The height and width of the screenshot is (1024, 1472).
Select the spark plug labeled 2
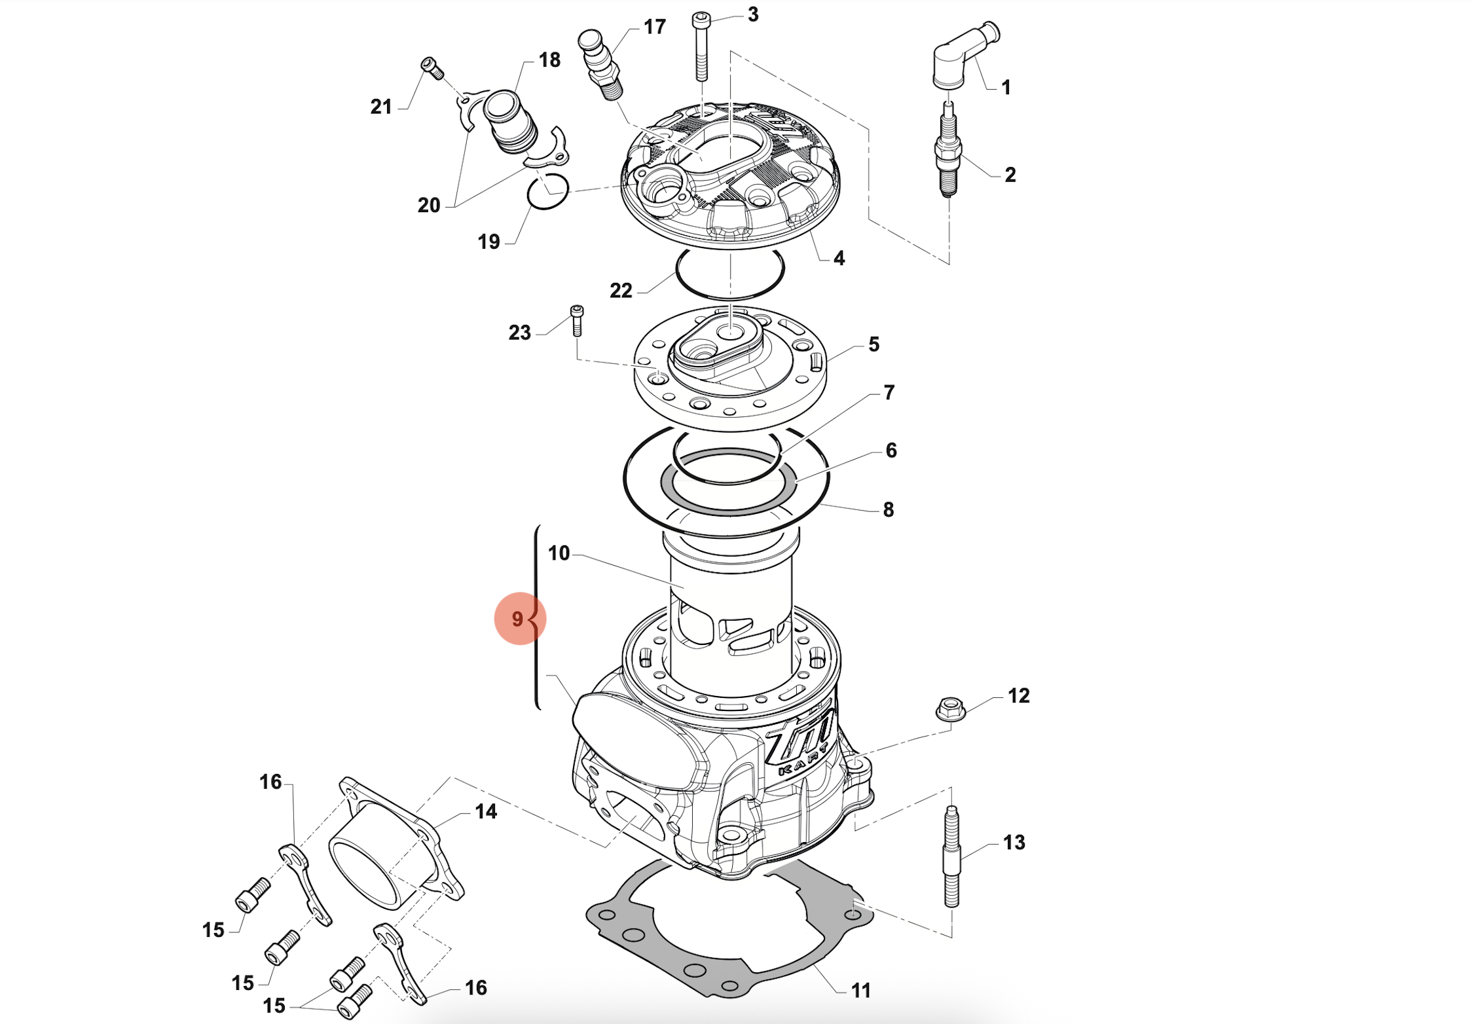point(948,151)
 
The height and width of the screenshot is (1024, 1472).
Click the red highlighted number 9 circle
point(519,619)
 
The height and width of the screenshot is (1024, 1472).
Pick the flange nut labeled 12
point(951,709)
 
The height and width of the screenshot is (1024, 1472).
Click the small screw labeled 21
point(432,67)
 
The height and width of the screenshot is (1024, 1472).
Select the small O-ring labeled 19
point(547,192)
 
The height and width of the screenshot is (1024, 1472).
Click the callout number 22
point(621,290)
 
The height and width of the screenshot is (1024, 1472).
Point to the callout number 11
point(860,991)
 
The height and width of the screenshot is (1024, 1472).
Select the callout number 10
point(559,553)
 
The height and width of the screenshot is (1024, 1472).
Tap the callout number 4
point(839,258)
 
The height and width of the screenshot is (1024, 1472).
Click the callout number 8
point(888,509)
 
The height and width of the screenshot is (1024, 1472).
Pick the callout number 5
point(874,344)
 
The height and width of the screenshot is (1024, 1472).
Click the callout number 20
point(429,205)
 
